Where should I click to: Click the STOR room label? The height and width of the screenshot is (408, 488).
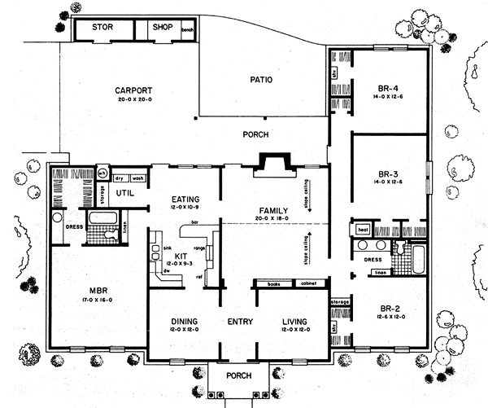pyautogui.click(x=102, y=28)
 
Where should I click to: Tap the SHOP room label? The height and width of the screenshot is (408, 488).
pyautogui.click(x=160, y=28)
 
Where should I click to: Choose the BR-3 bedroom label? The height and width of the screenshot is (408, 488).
pyautogui.click(x=387, y=173)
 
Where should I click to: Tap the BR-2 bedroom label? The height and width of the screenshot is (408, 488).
pyautogui.click(x=387, y=308)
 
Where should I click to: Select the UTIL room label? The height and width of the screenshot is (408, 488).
pyautogui.click(x=124, y=192)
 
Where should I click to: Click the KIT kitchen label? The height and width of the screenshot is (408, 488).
pyautogui.click(x=181, y=255)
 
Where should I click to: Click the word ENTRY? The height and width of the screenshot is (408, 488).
pyautogui.click(x=241, y=321)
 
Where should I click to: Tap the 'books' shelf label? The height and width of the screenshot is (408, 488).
pyautogui.click(x=273, y=285)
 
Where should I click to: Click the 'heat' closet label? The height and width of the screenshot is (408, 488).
pyautogui.click(x=363, y=231)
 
